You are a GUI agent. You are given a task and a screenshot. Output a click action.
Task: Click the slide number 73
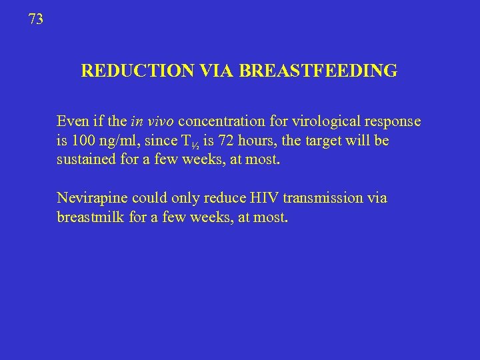[36, 20]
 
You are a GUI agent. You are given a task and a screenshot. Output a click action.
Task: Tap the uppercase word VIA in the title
[214, 71]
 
